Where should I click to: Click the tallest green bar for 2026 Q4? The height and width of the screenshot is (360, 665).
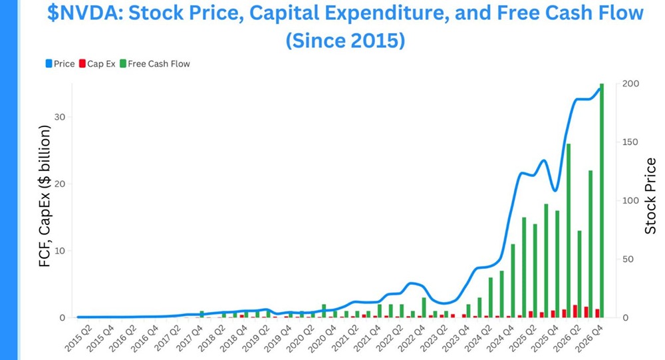pos(602,200)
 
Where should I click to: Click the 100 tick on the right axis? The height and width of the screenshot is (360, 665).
pos(628,201)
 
